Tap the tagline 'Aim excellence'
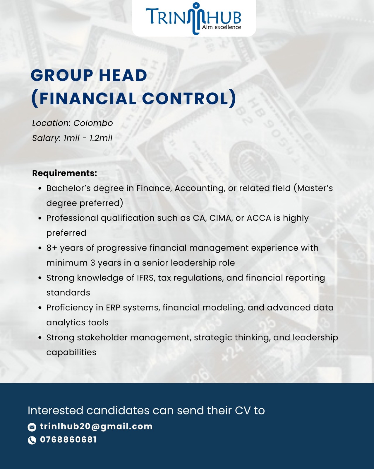click(222, 27)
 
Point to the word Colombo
click(93, 123)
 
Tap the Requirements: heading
click(65, 173)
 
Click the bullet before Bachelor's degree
click(40, 188)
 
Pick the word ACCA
click(259, 218)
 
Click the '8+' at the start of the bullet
click(52, 248)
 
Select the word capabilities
click(71, 352)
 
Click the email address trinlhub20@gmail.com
click(96, 426)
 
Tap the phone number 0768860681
click(68, 440)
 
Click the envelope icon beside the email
click(32, 427)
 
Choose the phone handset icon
click(32, 440)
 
